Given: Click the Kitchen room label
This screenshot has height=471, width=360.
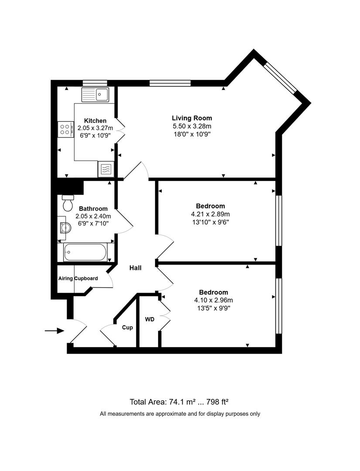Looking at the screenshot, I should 95,121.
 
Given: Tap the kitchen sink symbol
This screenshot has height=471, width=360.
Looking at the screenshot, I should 95,94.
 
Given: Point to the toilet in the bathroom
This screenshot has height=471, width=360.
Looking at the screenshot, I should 68,203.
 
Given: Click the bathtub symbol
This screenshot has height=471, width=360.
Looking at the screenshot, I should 85,253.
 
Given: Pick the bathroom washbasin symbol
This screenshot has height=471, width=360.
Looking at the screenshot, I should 64,227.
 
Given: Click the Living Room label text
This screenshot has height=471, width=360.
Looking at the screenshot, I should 192,118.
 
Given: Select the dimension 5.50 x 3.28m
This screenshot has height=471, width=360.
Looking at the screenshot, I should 192,126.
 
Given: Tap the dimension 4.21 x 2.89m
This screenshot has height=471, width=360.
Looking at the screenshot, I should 210,214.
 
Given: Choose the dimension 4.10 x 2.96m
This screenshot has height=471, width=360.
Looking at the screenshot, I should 214,300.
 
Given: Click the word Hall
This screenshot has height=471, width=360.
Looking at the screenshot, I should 135,268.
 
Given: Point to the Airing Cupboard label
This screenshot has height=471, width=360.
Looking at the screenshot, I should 78,278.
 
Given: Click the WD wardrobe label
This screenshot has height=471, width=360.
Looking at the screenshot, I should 149,319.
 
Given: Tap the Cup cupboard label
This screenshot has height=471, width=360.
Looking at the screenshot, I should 127,328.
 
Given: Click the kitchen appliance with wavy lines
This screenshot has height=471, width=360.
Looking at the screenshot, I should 106,169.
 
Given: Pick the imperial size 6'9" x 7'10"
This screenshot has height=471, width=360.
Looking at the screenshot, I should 93,223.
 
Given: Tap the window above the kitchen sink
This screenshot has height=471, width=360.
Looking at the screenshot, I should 95,83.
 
